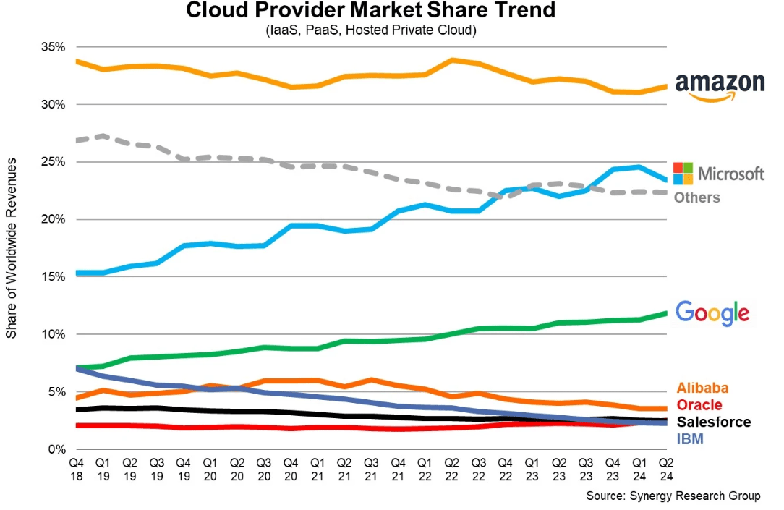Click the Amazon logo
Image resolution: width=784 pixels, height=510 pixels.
pyautogui.click(x=719, y=87)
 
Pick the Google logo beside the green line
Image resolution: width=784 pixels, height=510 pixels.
pyautogui.click(x=712, y=313)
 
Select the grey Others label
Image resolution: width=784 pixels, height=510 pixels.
pyautogui.click(x=697, y=197)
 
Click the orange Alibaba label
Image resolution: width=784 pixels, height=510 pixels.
pyautogui.click(x=702, y=388)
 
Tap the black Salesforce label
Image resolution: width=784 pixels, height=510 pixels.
pyautogui.click(x=713, y=422)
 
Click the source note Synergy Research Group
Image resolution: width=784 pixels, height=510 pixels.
pyautogui.click(x=673, y=496)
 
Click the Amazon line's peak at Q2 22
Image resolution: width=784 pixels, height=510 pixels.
pyautogui.click(x=451, y=60)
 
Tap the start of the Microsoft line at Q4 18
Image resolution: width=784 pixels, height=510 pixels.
pyautogui.click(x=77, y=273)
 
